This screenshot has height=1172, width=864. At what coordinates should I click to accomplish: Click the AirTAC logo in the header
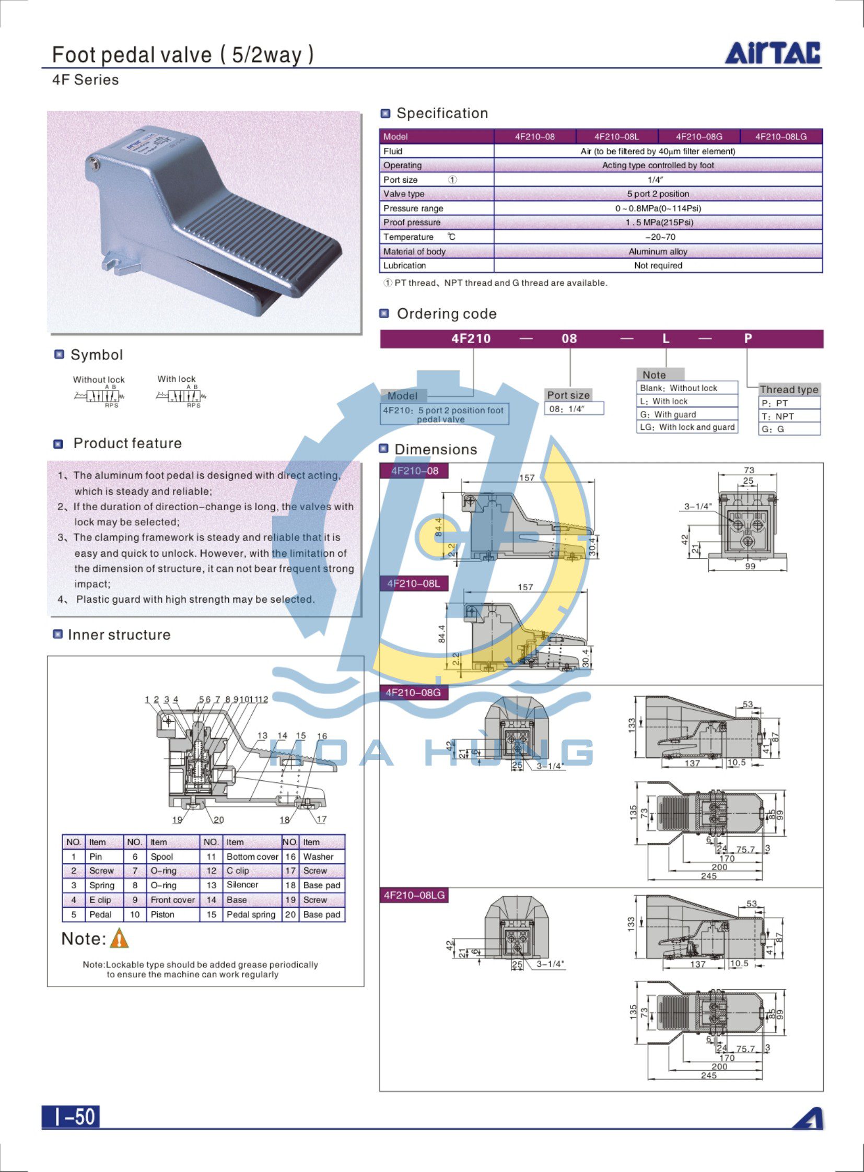pyautogui.click(x=772, y=53)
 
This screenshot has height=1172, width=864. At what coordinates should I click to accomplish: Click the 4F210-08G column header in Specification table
pyautogui.click(x=699, y=136)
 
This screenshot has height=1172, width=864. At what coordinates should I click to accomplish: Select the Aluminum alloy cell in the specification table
pyautogui.click(x=658, y=252)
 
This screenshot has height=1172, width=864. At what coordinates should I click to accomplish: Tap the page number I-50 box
pyautogui.click(x=71, y=1116)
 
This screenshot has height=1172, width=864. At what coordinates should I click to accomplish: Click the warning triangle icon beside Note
pyautogui.click(x=119, y=938)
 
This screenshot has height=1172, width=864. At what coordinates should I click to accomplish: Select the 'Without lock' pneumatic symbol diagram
pyautogui.click(x=99, y=396)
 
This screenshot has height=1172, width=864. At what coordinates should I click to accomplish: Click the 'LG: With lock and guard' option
pyautogui.click(x=687, y=427)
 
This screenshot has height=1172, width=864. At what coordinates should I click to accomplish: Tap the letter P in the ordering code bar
pyautogui.click(x=748, y=338)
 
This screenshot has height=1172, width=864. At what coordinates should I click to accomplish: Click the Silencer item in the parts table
pyautogui.click(x=242, y=885)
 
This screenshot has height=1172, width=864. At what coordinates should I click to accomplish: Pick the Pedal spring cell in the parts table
pyautogui.click(x=251, y=914)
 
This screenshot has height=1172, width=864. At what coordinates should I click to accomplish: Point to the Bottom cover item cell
pyautogui.click(x=252, y=857)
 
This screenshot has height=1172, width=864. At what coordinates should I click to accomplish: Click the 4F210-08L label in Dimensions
pyautogui.click(x=414, y=583)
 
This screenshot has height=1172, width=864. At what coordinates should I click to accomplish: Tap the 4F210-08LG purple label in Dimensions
pyautogui.click(x=414, y=895)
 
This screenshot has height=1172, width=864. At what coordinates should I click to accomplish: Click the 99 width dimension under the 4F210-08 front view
pyautogui.click(x=750, y=566)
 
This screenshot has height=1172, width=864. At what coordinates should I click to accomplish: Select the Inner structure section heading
pyautogui.click(x=119, y=635)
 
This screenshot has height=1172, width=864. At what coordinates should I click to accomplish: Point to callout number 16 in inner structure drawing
pyautogui.click(x=322, y=736)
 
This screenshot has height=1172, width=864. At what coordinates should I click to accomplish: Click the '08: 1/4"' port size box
pyautogui.click(x=574, y=408)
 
